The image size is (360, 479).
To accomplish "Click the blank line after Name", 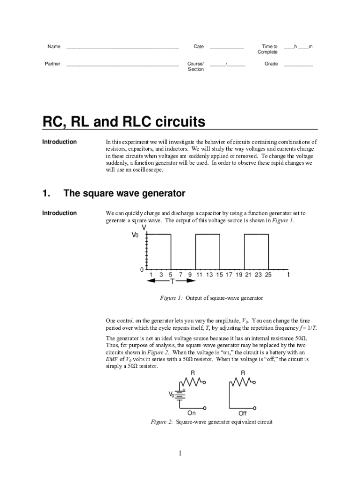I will click(122, 48).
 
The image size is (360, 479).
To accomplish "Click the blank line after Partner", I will click(122, 65).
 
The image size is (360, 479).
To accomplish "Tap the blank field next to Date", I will click(227, 48).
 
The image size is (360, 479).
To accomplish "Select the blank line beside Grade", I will click(298, 65).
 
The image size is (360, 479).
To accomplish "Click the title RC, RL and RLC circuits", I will click(124, 123).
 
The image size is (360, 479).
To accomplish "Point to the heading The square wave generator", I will click(124, 193).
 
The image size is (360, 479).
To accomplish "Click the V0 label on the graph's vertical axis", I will click(135, 235).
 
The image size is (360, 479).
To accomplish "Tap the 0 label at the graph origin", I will click(141, 270).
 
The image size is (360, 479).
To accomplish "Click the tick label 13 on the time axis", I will click(209, 275).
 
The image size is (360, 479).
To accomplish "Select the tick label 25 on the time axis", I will click(268, 275).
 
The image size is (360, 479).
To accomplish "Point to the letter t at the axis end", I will click(288, 275).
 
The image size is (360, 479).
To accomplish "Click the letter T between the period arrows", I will click(172, 282).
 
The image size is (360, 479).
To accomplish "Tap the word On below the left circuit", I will click(192, 413).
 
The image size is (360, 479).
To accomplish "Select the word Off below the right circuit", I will click(242, 414).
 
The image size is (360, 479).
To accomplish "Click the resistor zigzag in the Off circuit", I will click(242, 382).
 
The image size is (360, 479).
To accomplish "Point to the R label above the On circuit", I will click(193, 373).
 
